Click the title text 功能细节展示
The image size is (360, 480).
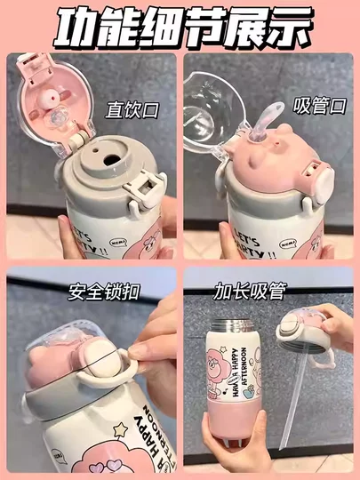(x=180, y=28)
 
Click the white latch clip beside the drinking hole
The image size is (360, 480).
(x=144, y=188)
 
